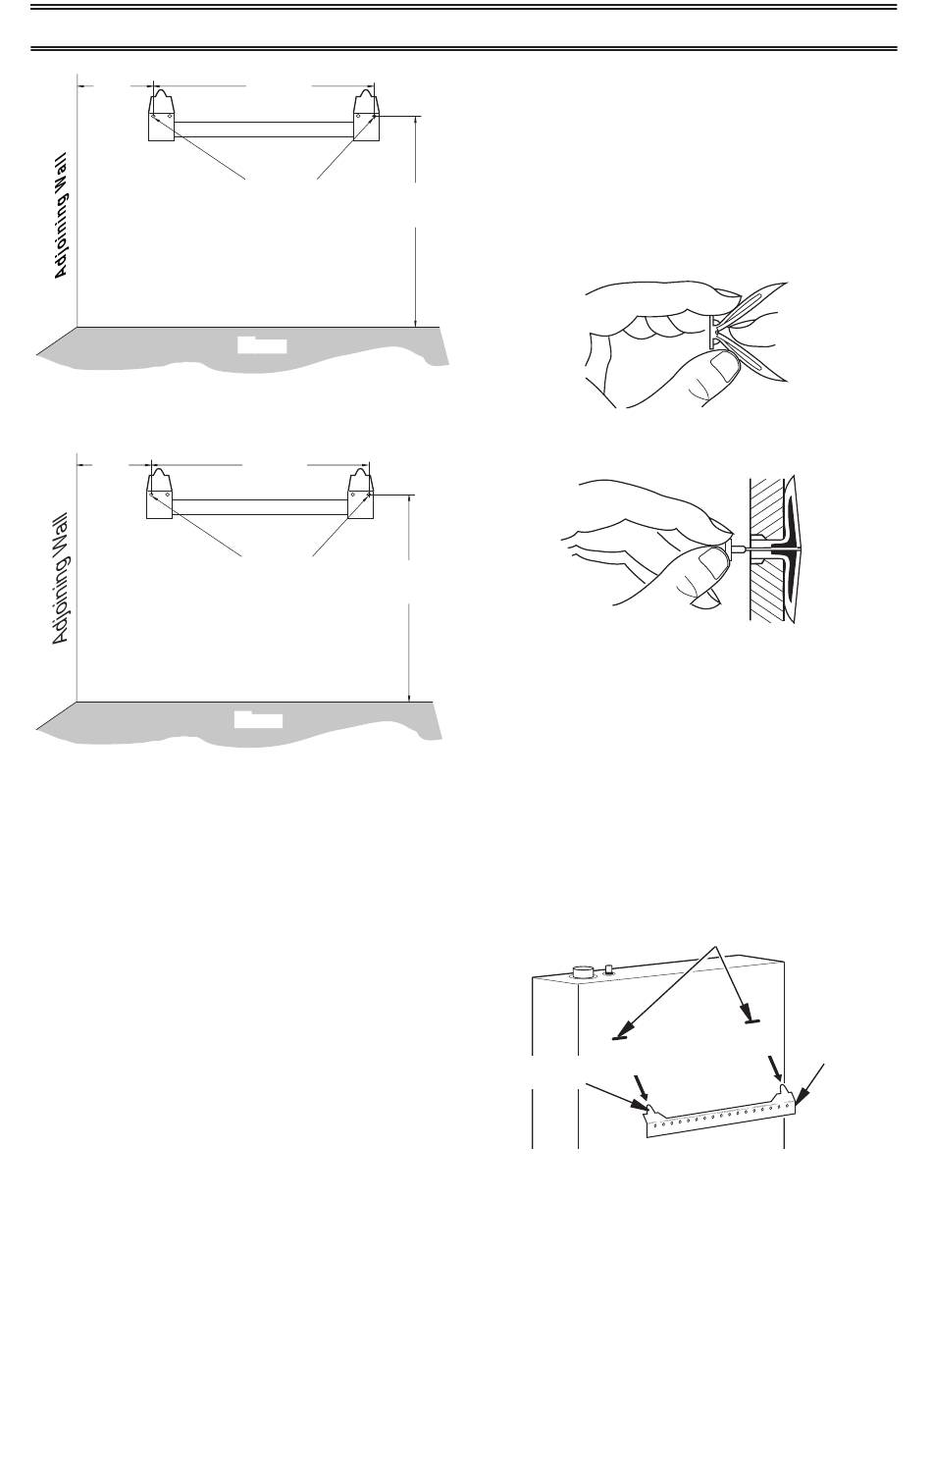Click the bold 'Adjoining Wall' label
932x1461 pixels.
point(61,216)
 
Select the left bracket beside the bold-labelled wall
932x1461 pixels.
point(161,115)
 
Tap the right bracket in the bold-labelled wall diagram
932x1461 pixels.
point(366,115)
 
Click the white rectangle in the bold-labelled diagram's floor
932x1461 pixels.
point(262,345)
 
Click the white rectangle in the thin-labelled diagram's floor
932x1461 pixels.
point(258,719)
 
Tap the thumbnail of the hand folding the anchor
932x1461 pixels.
point(686,344)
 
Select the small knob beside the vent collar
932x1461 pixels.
point(608,969)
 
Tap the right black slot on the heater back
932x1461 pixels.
point(754,1021)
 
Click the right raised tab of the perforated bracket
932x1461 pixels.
point(785,1088)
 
